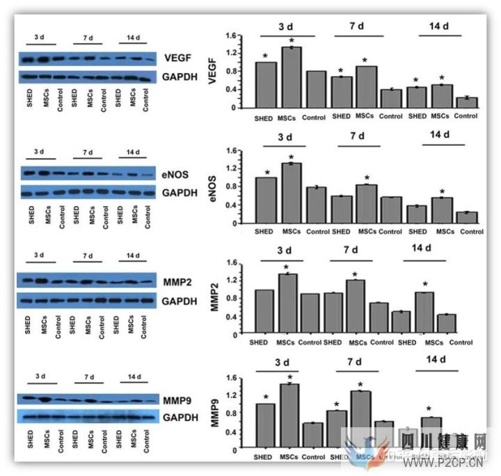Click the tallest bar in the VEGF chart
292,77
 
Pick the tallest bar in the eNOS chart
291,192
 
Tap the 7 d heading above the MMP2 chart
354,250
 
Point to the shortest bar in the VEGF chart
471,102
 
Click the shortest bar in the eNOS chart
471,217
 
